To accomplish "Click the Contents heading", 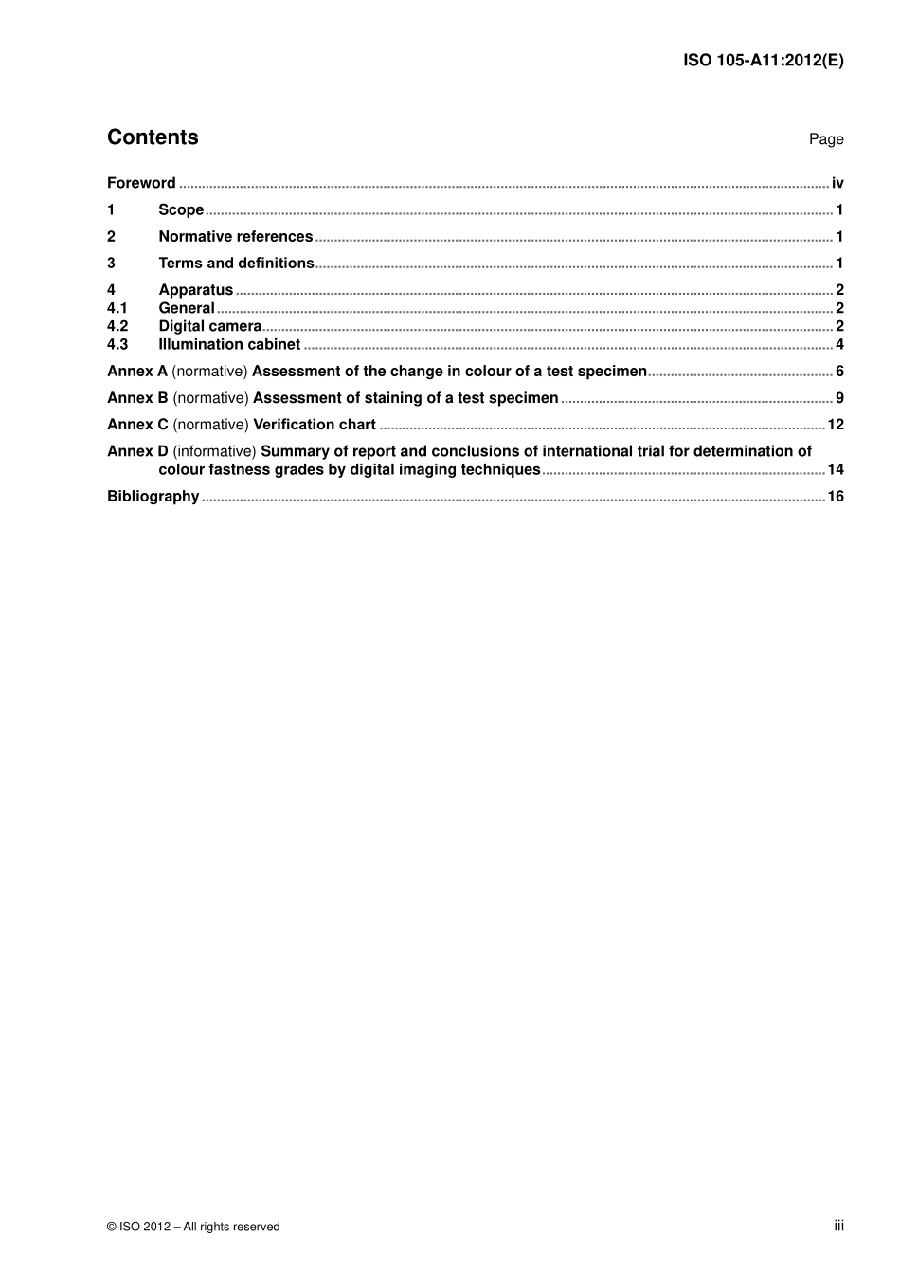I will (153, 137).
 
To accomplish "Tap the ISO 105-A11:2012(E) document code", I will (763, 61).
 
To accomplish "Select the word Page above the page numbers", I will (825, 139).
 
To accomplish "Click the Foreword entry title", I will (141, 183).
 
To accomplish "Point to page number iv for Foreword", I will (837, 183).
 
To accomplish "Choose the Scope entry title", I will (181, 209).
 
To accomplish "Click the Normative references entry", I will (235, 236).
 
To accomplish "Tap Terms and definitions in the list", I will (236, 263).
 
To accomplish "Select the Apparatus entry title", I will (195, 290).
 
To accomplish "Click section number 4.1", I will (117, 308).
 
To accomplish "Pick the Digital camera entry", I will (209, 326).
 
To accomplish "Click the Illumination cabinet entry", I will (229, 344).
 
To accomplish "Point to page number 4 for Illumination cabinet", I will (839, 344).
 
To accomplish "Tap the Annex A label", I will (137, 372).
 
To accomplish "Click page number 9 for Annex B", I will (839, 398).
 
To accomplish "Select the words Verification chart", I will (315, 425).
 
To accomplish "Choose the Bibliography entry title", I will (153, 496).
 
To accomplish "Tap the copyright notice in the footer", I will (193, 1227).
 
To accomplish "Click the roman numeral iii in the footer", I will (838, 1226).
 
